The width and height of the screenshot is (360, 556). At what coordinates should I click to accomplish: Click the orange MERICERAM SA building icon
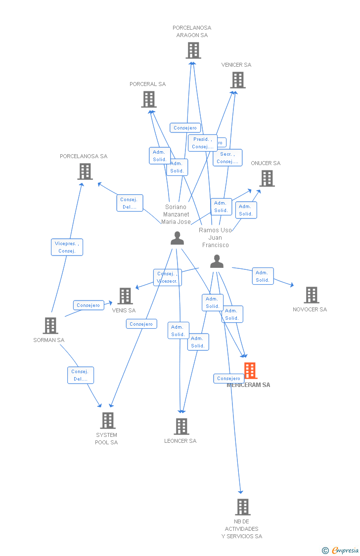[251, 371]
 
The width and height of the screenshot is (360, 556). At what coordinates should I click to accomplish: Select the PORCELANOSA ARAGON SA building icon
[193, 50]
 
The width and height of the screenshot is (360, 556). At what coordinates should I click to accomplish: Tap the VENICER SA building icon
[238, 80]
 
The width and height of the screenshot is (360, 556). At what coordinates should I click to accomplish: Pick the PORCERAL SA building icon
[149, 99]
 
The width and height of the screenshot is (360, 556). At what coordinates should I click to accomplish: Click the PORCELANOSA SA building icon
[85, 171]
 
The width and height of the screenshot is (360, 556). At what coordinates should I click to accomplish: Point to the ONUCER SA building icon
[267, 178]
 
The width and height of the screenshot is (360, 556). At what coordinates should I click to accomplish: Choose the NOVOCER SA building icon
[312, 295]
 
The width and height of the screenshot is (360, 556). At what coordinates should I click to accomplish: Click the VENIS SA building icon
[125, 296]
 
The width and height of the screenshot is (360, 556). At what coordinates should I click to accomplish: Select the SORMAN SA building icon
[50, 326]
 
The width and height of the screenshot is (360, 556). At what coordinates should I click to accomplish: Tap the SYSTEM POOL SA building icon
[108, 421]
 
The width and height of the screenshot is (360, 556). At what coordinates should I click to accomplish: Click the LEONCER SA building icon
[181, 427]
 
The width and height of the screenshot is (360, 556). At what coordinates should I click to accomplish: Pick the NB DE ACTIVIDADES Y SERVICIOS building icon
[242, 507]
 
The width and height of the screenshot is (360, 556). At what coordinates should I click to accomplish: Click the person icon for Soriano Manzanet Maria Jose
[177, 238]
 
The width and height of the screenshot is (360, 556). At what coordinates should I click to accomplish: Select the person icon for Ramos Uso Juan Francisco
[217, 261]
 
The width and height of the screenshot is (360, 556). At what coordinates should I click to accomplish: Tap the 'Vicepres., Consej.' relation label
[67, 247]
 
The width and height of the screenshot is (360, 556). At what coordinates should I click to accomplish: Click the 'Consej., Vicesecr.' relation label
[168, 277]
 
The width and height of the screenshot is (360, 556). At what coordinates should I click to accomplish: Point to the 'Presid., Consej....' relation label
[203, 143]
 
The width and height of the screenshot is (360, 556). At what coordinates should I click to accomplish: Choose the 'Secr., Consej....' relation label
[227, 158]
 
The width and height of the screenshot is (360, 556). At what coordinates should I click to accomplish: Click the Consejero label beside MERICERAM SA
[228, 379]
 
